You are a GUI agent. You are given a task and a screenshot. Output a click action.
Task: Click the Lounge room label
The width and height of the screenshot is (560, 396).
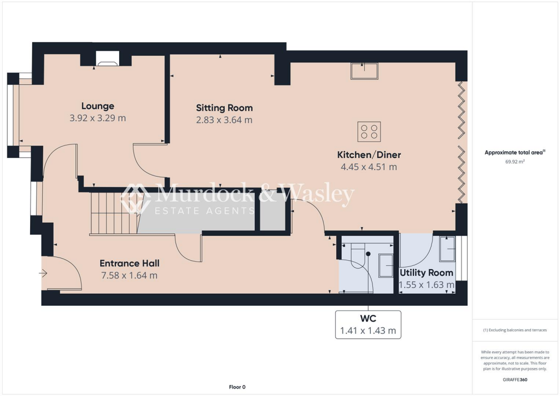98,106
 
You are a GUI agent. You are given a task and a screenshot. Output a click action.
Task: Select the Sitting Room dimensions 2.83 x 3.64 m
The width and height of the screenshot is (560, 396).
224,120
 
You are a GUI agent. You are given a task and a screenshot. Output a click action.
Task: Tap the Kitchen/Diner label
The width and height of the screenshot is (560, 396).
369,155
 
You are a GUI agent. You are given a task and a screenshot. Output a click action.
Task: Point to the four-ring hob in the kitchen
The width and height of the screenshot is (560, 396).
369,131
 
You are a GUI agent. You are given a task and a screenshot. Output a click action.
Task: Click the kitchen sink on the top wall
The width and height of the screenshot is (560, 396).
364,71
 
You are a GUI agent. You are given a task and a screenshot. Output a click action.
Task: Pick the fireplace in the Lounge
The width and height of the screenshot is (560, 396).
107,59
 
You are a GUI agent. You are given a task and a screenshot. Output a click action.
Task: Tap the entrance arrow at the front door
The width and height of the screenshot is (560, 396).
44,273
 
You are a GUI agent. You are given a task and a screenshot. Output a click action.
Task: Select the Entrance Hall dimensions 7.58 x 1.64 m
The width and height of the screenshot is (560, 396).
129,276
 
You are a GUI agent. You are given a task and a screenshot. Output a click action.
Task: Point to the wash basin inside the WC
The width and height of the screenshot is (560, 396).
386,266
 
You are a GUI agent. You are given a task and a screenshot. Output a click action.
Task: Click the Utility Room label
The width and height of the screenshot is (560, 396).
426,273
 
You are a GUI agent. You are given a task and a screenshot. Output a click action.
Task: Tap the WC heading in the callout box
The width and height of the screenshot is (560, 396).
367,318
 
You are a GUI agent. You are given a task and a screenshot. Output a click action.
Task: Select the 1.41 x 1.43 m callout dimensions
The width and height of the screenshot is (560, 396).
367,330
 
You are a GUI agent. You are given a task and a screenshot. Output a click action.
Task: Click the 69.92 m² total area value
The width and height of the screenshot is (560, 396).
514,162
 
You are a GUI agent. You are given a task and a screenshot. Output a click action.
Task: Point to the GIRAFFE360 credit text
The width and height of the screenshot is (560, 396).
516,379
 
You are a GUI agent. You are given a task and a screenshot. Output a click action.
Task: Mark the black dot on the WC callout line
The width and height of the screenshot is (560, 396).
368,254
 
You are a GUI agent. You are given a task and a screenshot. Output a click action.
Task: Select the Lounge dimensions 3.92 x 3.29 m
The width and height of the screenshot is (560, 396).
98,118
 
